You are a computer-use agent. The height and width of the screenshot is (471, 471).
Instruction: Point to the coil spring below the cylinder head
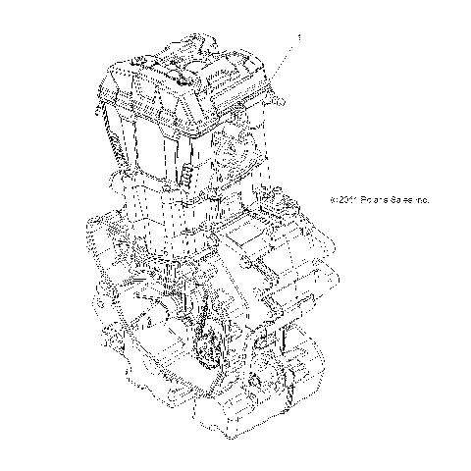[183, 182]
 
